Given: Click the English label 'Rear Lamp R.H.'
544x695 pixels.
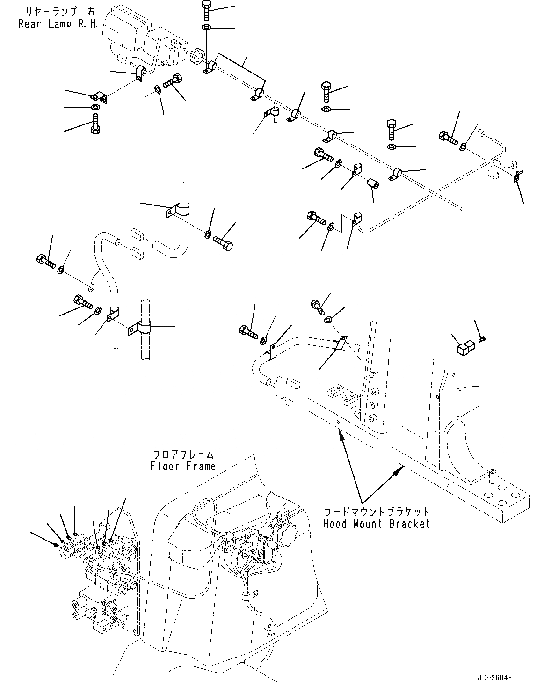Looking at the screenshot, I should pos(58,23).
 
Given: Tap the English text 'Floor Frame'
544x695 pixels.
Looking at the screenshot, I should pos(183,466).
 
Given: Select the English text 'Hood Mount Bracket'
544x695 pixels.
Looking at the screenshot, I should pos(376,524).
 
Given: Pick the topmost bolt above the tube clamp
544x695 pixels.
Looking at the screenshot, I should pos(206,8).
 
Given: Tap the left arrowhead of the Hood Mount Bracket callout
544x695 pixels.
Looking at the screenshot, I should pos(341,436).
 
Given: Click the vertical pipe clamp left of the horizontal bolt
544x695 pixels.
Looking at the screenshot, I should pos(179,210).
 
